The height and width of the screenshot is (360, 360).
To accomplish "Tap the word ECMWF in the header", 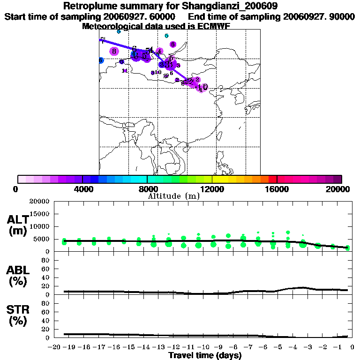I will [214, 26].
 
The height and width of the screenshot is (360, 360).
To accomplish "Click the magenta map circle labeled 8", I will [113, 52].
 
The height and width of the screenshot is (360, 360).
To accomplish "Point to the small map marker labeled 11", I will [125, 71].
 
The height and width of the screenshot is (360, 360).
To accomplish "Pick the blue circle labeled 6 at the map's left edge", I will [101, 60].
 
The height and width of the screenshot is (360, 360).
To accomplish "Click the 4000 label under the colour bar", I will [82, 189].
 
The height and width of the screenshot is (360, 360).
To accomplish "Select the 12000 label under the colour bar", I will [212, 189].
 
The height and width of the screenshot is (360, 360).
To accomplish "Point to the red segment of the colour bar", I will [272, 179].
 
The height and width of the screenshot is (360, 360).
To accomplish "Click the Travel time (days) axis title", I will [205, 355].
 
